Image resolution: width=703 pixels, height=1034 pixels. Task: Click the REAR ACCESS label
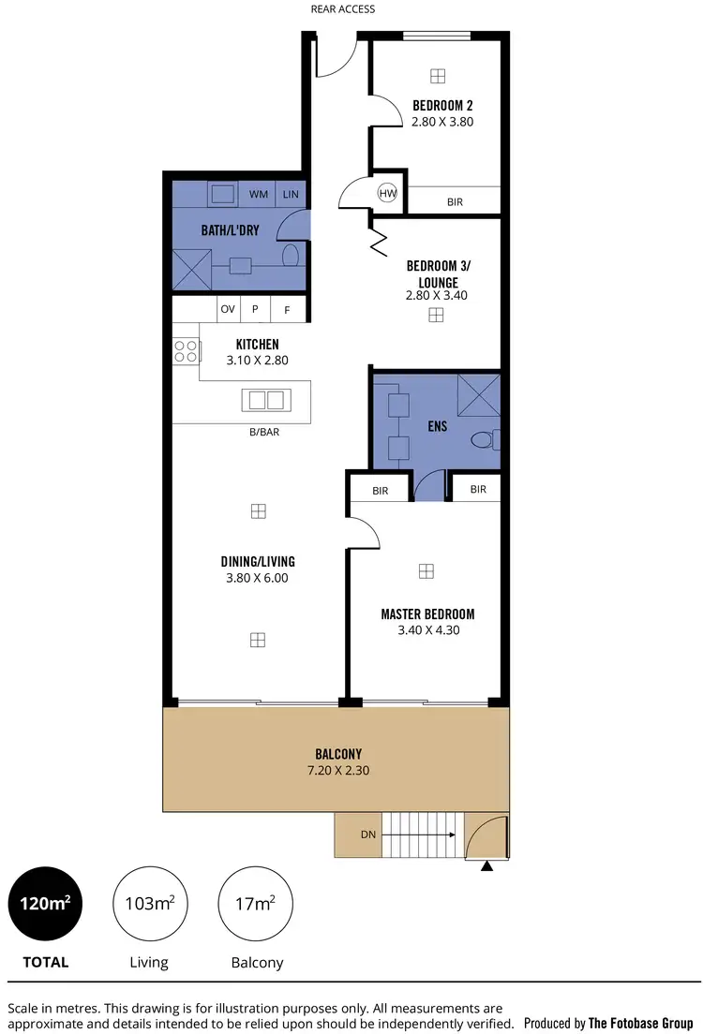click(343, 9)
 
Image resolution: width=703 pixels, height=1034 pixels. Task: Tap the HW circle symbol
click(387, 193)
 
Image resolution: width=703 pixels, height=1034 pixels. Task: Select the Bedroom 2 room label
click(442, 105)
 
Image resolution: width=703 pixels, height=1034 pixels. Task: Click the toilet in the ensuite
click(485, 438)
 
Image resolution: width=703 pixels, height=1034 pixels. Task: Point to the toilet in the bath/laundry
click(290, 255)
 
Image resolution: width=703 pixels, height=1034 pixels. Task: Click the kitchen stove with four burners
click(186, 351)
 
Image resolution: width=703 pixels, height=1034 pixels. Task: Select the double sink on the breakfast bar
click(263, 400)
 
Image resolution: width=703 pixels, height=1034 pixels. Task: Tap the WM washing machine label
click(258, 195)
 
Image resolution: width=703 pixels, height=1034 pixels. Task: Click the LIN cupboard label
click(291, 195)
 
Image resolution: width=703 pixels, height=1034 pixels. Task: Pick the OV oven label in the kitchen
click(227, 309)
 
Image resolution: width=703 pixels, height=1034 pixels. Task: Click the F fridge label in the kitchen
click(287, 309)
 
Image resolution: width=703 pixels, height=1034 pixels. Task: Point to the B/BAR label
click(263, 433)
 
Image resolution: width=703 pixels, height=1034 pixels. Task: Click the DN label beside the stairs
click(368, 834)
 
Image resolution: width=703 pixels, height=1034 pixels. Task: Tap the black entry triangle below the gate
click(486, 866)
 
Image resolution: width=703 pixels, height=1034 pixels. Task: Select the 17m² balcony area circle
click(256, 905)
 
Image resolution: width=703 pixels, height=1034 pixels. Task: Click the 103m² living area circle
click(150, 905)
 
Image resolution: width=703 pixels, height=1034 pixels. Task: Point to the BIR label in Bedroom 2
click(455, 201)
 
